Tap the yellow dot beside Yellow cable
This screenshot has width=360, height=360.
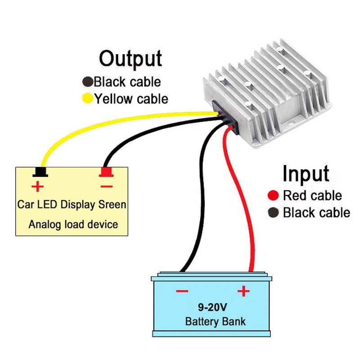(x=87, y=98)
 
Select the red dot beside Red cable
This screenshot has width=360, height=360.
(x=272, y=196)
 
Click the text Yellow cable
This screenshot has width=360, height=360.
(x=131, y=98)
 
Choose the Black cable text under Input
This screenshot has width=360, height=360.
(x=316, y=212)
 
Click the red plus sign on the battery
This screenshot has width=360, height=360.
(x=243, y=292)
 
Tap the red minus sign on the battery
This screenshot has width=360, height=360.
(x=182, y=292)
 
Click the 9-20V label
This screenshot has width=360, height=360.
(x=212, y=308)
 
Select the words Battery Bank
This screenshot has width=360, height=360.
(x=215, y=322)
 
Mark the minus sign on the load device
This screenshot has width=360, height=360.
(x=107, y=185)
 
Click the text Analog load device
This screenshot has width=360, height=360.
(x=73, y=224)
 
